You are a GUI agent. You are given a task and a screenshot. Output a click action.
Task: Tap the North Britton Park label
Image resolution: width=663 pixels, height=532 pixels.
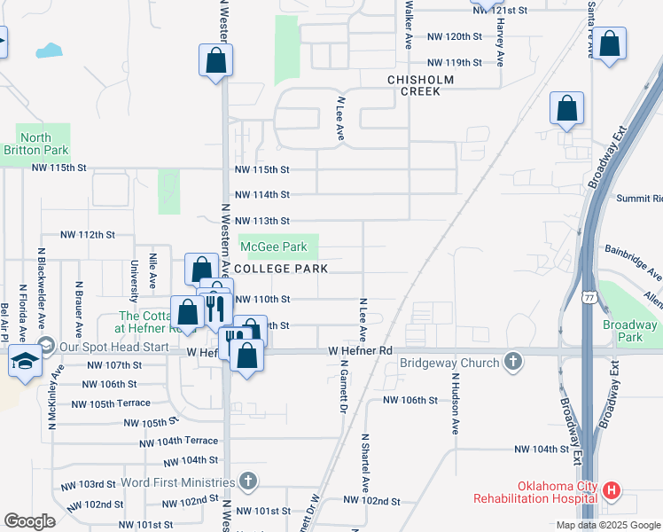point(35,144)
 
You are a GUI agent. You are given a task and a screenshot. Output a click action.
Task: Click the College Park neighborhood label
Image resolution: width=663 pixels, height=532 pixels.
point(282,269)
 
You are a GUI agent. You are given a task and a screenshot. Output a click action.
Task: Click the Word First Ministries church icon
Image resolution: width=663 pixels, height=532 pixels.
point(249,481)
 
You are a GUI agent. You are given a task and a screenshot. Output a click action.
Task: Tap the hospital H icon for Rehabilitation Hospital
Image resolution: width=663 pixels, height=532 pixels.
point(611,489)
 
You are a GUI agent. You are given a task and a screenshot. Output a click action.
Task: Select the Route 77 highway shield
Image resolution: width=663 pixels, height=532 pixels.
point(589,299)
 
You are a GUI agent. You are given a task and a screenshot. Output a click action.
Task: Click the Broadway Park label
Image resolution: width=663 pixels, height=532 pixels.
point(629,331)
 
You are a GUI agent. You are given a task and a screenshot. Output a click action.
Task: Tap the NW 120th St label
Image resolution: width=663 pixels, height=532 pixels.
point(454,37)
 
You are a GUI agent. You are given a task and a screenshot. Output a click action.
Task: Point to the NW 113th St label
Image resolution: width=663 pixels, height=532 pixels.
point(261,221)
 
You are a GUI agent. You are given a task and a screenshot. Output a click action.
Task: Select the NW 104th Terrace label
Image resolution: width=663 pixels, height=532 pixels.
point(178,441)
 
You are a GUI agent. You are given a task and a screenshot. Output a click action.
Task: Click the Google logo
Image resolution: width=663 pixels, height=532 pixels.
point(29,521)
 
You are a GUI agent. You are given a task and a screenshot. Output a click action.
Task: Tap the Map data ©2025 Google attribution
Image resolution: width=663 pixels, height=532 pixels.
point(607,525)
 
